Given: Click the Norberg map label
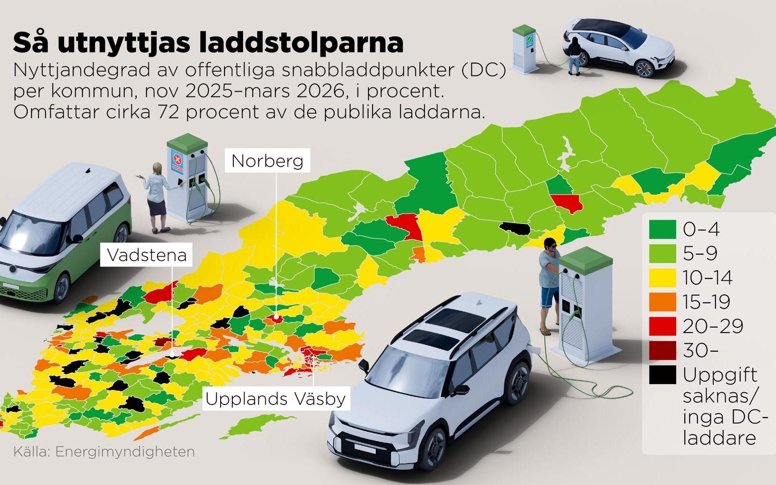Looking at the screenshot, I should tap(267, 161).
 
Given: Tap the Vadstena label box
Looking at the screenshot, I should tap(146, 255).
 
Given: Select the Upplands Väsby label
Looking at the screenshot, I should tap(275, 399).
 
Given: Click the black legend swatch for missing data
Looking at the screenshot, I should tap(662, 375).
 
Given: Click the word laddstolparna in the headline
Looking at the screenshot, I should tap(301, 43).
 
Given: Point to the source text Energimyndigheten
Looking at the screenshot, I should tap(125, 452).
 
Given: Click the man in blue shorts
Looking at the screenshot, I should tap(550, 286).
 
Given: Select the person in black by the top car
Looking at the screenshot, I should tap(575, 56).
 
